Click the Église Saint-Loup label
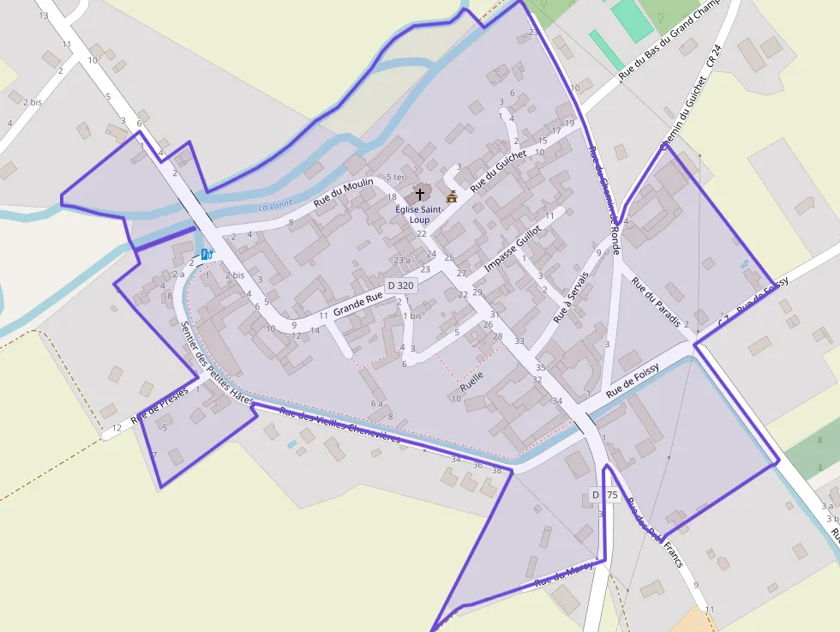point(419,214)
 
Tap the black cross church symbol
point(419,195)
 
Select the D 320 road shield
point(400,286)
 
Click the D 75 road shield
point(604,495)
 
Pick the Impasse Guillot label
point(513,250)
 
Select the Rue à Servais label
point(572,298)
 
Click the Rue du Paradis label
point(656,302)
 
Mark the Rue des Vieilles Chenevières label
point(340,425)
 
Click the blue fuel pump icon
point(207,255)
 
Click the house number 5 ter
point(395,178)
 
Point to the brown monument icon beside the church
point(452,196)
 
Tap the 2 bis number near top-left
point(33,102)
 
